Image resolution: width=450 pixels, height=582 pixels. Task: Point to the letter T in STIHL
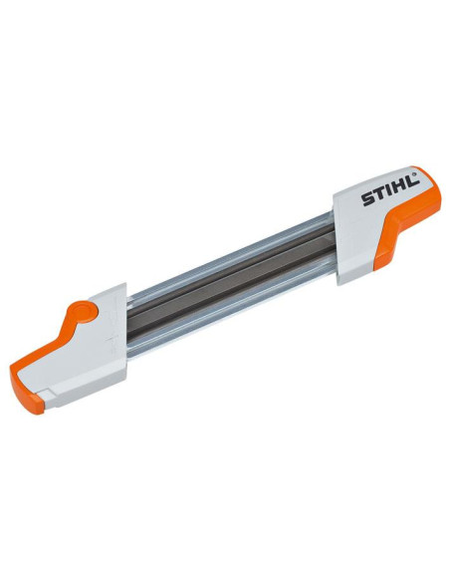[x=376, y=199]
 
